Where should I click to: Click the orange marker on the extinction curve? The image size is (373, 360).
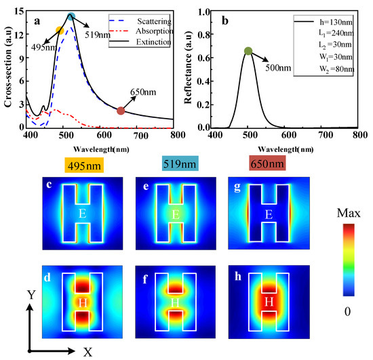[x=60, y=31]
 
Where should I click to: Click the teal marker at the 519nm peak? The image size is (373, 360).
[x=71, y=17]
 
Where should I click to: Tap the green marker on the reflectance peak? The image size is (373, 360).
[x=248, y=51]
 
